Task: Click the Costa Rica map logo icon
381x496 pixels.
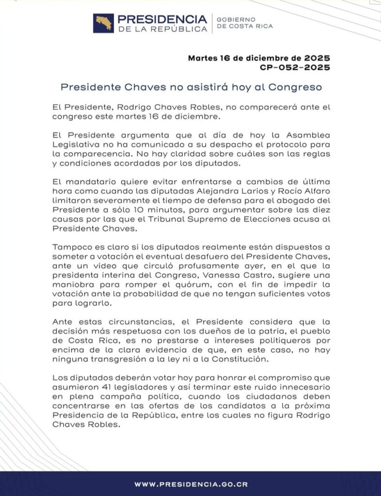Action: (x=103, y=23)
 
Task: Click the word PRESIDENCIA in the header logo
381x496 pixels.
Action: (x=162, y=19)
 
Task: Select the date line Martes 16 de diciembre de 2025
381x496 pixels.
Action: (x=259, y=58)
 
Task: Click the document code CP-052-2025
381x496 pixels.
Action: (x=295, y=67)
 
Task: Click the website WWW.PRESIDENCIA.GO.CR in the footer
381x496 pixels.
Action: (x=190, y=484)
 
